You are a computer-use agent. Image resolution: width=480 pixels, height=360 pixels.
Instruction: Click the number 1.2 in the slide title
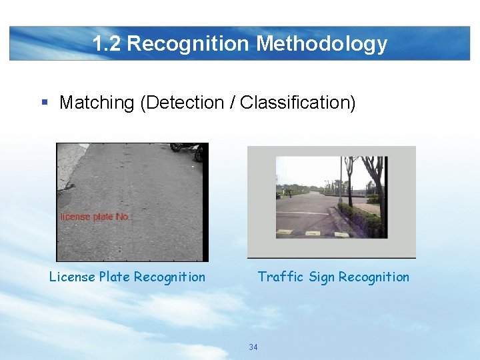coord(107,44)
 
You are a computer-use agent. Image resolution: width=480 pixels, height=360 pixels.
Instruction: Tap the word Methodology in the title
coord(321,44)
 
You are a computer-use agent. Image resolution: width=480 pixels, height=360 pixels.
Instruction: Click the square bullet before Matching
coord(45,103)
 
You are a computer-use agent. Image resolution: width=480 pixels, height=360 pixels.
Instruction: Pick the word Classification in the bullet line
coord(295,103)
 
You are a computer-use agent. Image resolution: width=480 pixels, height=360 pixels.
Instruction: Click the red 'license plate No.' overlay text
coord(95,217)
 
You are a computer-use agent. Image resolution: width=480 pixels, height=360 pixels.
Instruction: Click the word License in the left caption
coord(72,277)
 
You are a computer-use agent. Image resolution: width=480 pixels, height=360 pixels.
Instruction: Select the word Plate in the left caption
coord(115,277)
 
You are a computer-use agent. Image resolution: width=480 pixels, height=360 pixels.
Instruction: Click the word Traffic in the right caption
coord(281,277)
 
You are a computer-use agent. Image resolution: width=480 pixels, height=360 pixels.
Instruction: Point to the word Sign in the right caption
coord(321,277)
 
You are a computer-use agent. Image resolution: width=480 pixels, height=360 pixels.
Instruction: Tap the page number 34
coord(253,347)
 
